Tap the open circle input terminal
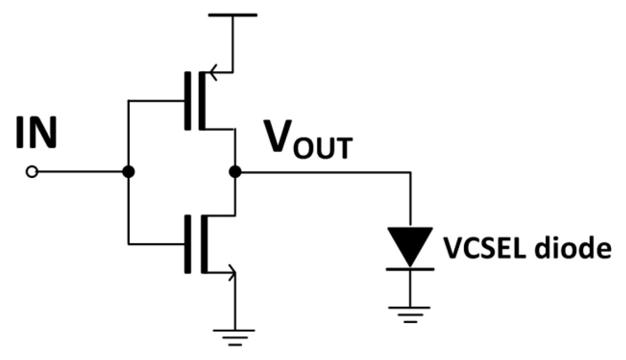coord(32,172)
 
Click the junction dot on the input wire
coord(129,172)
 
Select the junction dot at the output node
coord(235,172)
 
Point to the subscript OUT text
coord(323,148)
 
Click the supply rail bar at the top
coord(233,15)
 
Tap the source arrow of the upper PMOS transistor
coord(213,73)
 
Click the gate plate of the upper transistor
coord(188,101)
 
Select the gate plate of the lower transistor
coord(188,244)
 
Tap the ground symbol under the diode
coord(410,314)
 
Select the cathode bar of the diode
coord(410,269)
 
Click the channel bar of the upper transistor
coord(202,101)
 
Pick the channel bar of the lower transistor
coord(204,244)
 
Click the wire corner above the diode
coord(410,172)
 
